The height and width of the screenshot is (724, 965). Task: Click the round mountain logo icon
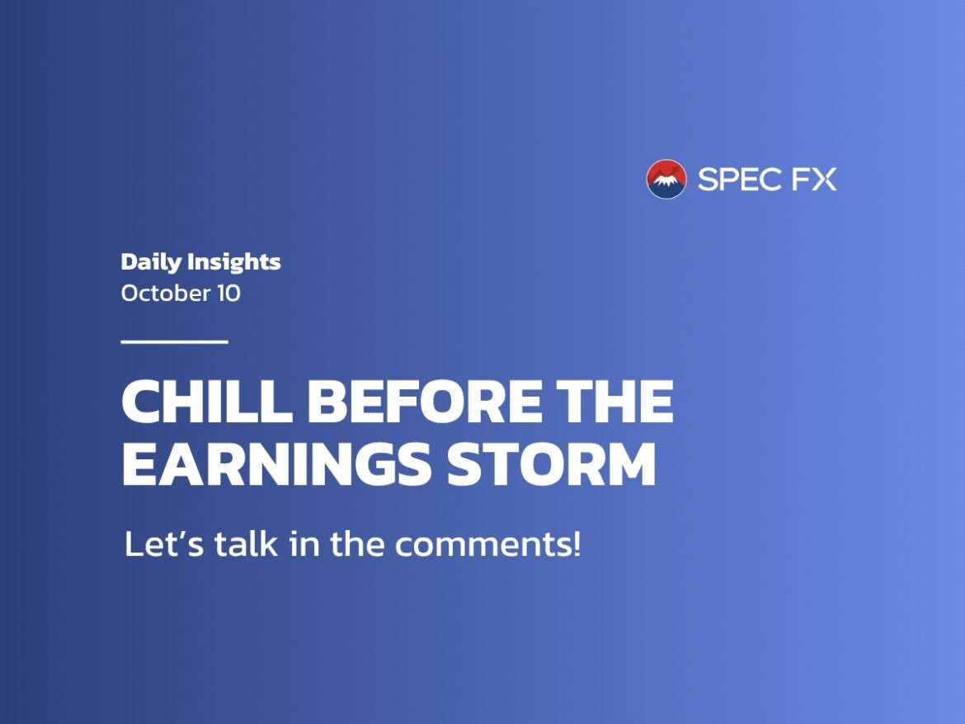tap(666, 179)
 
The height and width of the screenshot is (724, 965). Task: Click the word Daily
tap(152, 262)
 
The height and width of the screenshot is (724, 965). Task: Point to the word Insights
tap(234, 262)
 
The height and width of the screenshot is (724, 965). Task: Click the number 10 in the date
tap(228, 294)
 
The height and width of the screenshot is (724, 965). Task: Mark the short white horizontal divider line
tap(175, 341)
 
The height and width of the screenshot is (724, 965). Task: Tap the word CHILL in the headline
tap(207, 401)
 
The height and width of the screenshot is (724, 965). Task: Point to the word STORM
tap(552, 463)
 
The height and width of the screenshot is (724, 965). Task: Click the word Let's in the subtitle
tap(164, 543)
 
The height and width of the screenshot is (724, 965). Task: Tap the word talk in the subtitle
tap(246, 543)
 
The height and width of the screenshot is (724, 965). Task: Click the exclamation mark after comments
tap(576, 543)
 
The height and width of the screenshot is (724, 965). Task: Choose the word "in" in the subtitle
tap(304, 543)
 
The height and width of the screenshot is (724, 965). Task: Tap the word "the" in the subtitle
tap(358, 543)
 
